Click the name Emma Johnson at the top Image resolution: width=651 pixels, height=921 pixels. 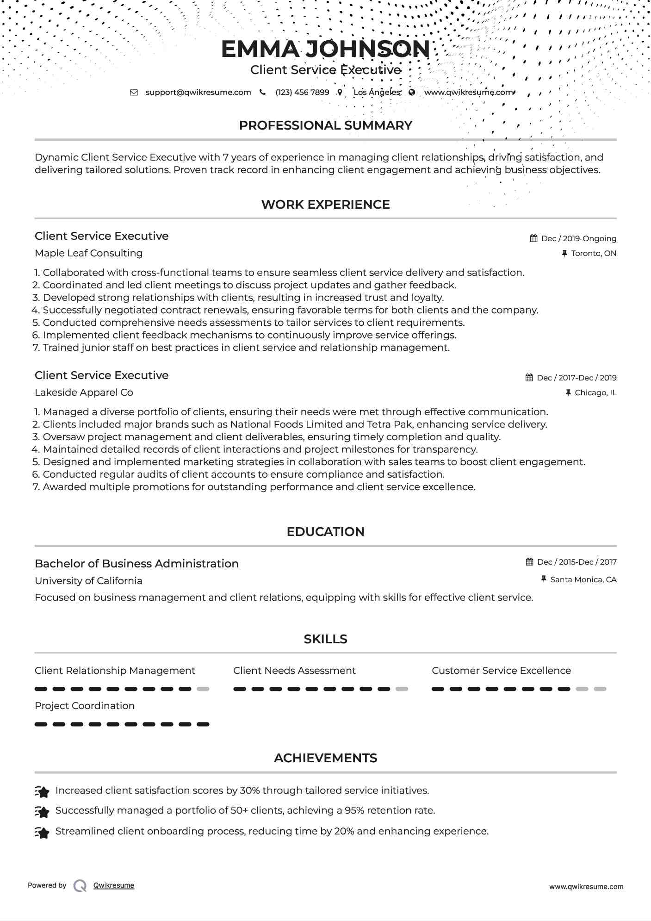pos(325,49)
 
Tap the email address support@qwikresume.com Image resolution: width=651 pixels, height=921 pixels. pos(198,92)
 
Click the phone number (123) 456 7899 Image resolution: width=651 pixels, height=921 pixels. pos(302,92)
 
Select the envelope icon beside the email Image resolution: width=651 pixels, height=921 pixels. pos(134,92)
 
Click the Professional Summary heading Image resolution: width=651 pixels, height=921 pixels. pos(325,125)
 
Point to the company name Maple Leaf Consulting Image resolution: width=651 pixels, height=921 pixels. pos(88,253)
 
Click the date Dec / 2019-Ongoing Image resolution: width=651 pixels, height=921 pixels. pos(578,238)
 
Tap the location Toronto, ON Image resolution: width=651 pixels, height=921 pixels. pos(593,253)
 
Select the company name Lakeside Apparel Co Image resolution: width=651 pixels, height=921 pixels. pos(84,392)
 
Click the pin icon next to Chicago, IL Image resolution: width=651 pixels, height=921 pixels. pos(568,392)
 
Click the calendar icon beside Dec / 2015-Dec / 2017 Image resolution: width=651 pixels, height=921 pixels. pos(529,562)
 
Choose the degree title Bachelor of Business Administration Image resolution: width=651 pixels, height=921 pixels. pos(136,564)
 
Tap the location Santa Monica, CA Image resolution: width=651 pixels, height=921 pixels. pos(583,579)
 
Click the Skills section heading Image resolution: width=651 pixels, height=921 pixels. pos(325,639)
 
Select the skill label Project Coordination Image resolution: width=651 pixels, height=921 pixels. pos(85,706)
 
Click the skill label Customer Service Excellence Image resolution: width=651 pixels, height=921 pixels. pos(501,671)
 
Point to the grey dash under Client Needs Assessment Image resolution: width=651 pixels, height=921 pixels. pos(402,689)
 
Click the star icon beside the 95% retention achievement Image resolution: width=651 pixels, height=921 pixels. pos(42,812)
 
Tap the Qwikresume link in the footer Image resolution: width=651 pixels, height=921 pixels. pos(114,885)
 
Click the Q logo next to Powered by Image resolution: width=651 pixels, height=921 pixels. pos(80,886)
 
